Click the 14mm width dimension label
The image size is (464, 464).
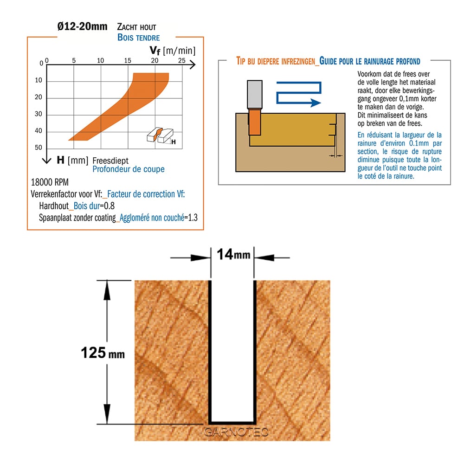(233, 254)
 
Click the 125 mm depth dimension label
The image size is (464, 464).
(103, 353)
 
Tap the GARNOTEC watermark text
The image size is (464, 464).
(236, 432)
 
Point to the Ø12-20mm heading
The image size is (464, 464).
(82, 26)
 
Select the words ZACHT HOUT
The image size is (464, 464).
(136, 27)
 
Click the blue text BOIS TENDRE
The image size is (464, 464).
(138, 38)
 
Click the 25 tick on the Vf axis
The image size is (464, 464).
(182, 60)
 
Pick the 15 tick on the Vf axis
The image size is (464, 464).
(128, 60)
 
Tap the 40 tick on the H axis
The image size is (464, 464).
(39, 130)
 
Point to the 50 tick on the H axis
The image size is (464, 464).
(39, 148)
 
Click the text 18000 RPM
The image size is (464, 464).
(50, 182)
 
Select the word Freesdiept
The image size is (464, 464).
(110, 161)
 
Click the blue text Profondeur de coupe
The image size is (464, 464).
(129, 169)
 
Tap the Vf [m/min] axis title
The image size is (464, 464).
(173, 51)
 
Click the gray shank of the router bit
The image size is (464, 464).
(254, 94)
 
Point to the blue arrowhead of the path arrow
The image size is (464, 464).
(316, 103)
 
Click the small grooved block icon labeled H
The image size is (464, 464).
(161, 136)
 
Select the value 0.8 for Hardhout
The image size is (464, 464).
(109, 206)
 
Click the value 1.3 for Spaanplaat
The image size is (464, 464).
(193, 218)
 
